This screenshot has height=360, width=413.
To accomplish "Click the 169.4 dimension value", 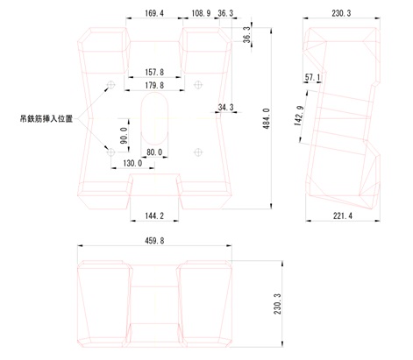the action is [x=154, y=13].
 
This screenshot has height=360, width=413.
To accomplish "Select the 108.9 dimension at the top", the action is [x=201, y=13].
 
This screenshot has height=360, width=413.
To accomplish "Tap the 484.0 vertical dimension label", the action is [x=267, y=119].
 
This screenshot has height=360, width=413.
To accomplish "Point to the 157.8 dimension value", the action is [x=154, y=72].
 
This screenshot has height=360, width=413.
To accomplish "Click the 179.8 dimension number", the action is [x=154, y=85].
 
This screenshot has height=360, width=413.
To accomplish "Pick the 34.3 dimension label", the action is [x=226, y=108].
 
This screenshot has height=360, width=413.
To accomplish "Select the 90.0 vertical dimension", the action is [x=125, y=136].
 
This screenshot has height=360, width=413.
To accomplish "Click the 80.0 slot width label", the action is [x=154, y=152].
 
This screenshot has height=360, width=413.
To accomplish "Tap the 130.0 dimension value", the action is [x=132, y=163].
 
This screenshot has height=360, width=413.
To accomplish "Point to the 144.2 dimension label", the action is [x=154, y=215].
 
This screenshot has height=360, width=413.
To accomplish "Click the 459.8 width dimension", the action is [x=154, y=241].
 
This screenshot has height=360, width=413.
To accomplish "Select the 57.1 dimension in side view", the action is [x=312, y=77].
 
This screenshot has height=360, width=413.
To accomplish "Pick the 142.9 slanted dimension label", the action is [x=299, y=116].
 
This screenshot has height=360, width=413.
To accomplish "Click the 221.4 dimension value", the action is [x=343, y=215].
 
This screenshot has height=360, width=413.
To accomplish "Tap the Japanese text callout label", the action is [x=46, y=119].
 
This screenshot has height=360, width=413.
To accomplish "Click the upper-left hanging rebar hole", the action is [x=110, y=85].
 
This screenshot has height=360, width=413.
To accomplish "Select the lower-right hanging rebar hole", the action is [x=198, y=152].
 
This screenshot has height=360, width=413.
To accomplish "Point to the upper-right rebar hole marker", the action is [x=198, y=85].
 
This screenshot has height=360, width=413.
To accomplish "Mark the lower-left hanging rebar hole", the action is [x=110, y=152].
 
